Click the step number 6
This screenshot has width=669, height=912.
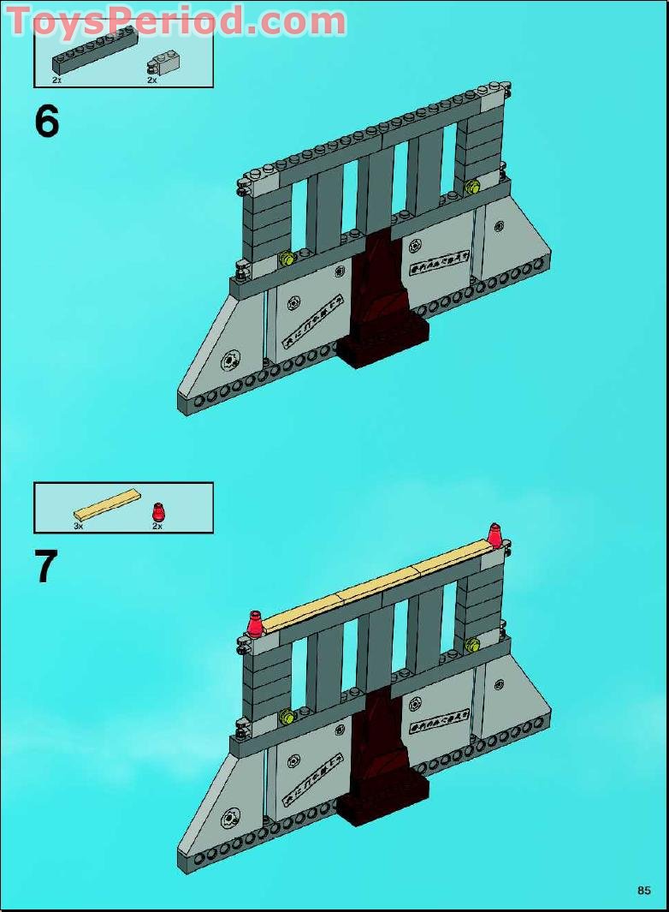pyautogui.click(x=47, y=122)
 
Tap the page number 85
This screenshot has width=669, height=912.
pyautogui.click(x=643, y=890)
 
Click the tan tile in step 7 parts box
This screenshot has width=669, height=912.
pyautogui.click(x=108, y=505)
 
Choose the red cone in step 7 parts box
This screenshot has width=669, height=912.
pyautogui.click(x=157, y=512)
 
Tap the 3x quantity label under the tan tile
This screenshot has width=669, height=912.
pyautogui.click(x=79, y=526)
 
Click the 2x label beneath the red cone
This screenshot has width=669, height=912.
pyautogui.click(x=157, y=526)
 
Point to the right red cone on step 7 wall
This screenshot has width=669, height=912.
pyautogui.click(x=494, y=535)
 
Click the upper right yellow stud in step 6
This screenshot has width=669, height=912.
pyautogui.click(x=472, y=186)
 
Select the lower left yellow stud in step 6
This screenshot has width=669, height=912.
pyautogui.click(x=286, y=259)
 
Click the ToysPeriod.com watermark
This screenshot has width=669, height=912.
pyautogui.click(x=176, y=20)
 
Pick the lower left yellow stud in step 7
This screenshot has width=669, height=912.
pyautogui.click(x=286, y=715)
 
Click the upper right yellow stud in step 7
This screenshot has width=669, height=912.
pyautogui.click(x=472, y=643)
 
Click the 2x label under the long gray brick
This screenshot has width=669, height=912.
pyautogui.click(x=56, y=80)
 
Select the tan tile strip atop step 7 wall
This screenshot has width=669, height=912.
pyautogui.click(x=378, y=585)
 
